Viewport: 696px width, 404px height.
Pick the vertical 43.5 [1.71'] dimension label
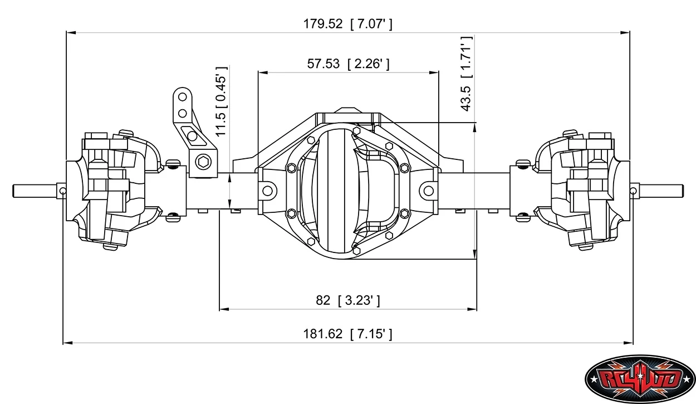pos(466,74)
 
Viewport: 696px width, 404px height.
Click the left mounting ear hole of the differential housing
pos(267,191)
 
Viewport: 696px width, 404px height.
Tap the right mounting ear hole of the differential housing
pos(429,191)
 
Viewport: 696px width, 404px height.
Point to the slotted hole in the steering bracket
pos(191,135)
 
